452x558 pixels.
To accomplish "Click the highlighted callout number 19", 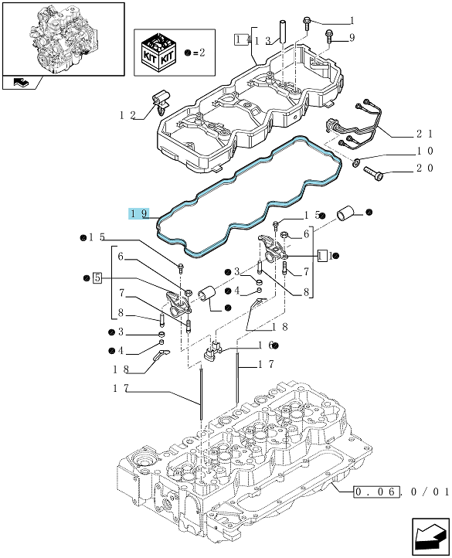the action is point(139,213).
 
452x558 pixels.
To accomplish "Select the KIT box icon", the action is point(158,52).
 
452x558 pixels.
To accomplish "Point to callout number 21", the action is point(425,134).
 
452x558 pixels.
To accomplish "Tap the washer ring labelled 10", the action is point(356,162).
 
